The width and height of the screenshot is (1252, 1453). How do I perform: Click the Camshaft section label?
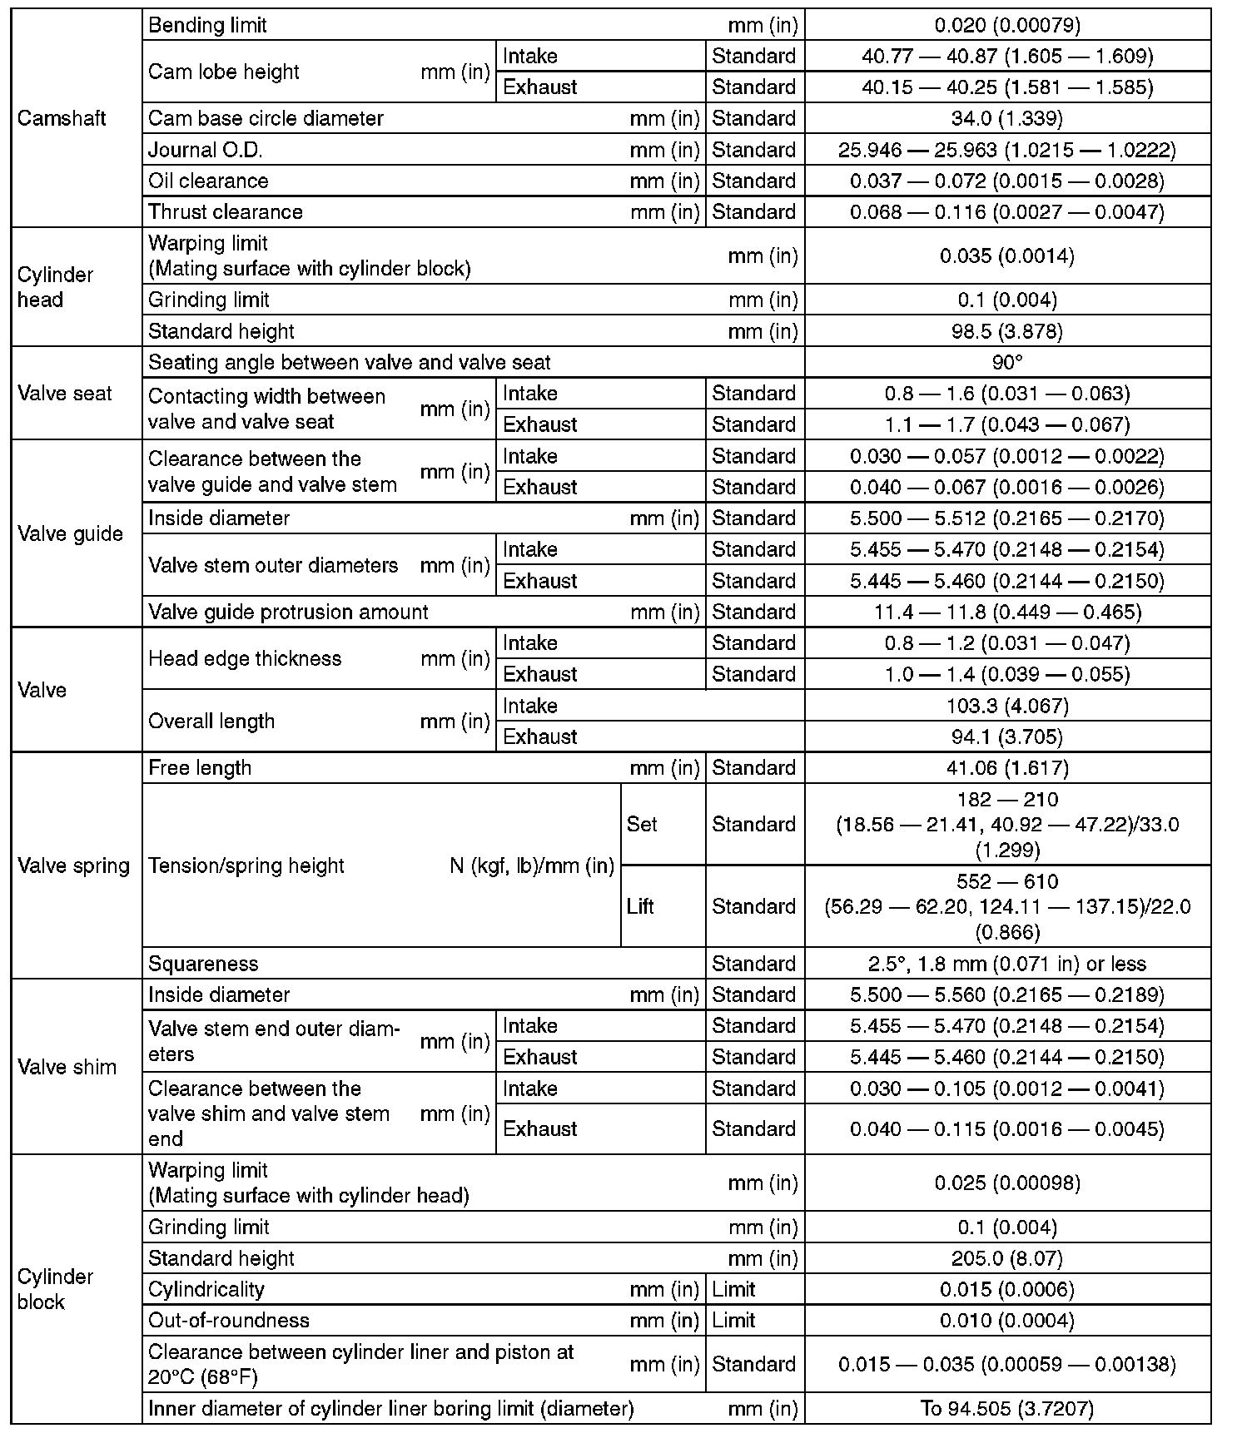(62, 118)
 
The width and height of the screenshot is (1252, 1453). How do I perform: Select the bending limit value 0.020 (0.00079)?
(1007, 25)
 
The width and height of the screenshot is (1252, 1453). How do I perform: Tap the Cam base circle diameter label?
(266, 118)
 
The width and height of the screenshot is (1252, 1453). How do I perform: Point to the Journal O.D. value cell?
(1007, 150)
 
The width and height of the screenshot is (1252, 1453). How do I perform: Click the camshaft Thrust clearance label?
(226, 211)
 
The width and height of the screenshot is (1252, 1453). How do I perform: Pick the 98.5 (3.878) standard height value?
(1007, 331)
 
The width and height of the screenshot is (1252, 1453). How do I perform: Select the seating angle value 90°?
(1007, 362)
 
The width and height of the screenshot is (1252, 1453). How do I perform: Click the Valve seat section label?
(65, 393)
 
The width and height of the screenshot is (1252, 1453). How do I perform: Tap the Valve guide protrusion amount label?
(288, 612)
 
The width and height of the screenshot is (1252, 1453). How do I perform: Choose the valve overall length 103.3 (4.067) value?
(1007, 706)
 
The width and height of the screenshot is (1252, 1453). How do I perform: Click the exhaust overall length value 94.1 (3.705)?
(1007, 736)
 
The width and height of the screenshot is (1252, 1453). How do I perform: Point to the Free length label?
(200, 767)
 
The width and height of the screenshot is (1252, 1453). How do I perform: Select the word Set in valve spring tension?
(642, 824)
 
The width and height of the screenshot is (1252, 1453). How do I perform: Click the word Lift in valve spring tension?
(640, 905)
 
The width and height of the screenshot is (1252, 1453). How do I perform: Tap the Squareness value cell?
(1007, 964)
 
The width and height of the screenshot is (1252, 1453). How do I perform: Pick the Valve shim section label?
(67, 1067)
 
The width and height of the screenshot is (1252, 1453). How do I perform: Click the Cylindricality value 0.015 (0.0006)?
(1007, 1289)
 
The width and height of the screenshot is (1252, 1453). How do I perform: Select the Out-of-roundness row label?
(229, 1320)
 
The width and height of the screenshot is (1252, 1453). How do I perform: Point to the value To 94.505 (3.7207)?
(1007, 1408)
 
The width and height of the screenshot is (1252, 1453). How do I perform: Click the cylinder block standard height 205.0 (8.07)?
(1007, 1258)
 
